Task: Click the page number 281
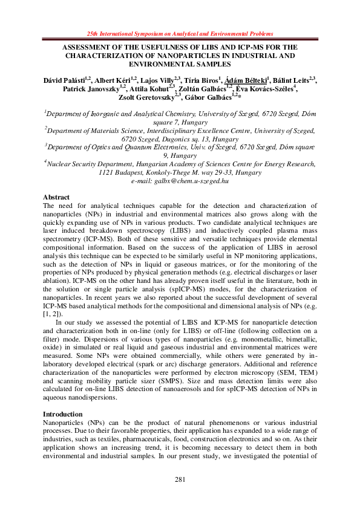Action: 180,479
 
